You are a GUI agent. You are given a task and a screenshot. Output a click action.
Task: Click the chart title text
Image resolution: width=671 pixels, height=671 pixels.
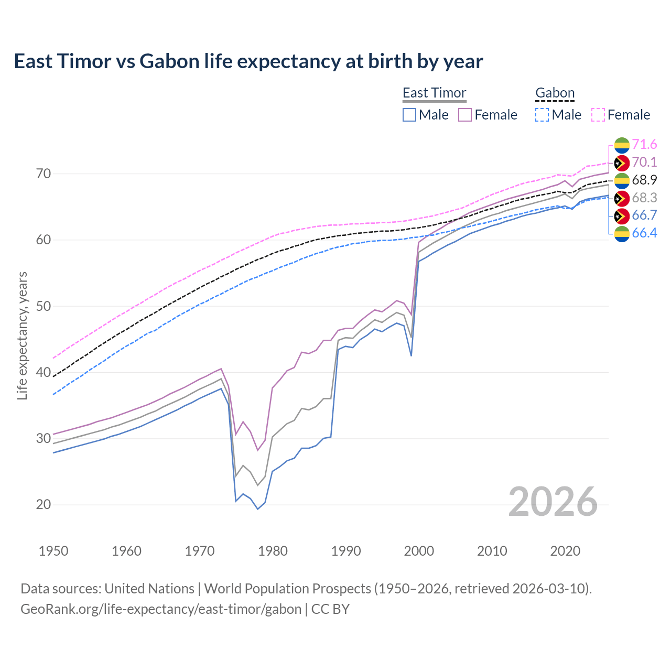coord(248,61)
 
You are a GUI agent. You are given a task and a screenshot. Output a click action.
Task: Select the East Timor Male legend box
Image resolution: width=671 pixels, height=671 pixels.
coord(409,115)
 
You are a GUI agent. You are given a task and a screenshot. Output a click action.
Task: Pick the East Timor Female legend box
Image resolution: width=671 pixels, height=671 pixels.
coord(465,115)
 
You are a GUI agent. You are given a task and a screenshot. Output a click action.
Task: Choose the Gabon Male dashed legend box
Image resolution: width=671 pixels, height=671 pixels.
coord(542,115)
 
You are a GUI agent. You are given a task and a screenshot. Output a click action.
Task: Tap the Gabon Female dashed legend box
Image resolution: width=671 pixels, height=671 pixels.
coord(598,115)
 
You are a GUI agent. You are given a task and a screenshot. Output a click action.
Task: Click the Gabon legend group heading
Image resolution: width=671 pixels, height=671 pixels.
coord(555,93)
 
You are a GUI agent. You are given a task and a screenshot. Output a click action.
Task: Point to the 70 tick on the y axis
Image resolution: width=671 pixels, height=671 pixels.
coord(44,174)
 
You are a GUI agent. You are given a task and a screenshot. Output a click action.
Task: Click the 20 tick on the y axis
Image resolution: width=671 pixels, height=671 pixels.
coord(44,505)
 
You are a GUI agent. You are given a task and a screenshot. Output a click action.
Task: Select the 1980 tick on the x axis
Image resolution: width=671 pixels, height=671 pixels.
coord(273,551)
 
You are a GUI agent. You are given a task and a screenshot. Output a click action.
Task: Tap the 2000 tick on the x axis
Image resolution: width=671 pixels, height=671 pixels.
coord(419,551)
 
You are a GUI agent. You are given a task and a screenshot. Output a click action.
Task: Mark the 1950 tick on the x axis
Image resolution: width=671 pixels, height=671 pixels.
coord(53,551)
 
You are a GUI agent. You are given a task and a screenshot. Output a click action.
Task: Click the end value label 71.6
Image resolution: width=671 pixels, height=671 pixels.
coord(644,145)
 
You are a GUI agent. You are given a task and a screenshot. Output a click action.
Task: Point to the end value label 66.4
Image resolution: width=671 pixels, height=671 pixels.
coord(644,233)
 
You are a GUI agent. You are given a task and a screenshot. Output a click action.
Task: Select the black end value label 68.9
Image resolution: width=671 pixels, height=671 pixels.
coord(644,180)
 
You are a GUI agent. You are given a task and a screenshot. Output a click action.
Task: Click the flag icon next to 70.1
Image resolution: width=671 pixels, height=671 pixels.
coord(622,163)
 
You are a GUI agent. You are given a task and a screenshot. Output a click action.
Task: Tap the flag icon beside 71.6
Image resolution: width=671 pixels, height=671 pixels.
coord(622,145)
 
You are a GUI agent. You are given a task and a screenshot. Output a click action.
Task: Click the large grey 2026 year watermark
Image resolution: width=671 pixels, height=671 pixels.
coord(553,502)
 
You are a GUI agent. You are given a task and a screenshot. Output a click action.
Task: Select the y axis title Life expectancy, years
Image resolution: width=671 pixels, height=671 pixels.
coord(23,335)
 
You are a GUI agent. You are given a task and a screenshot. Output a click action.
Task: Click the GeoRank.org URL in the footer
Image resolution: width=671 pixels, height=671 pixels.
coord(161,609)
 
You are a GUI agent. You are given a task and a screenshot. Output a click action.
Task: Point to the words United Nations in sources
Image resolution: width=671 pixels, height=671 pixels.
coord(149,589)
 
